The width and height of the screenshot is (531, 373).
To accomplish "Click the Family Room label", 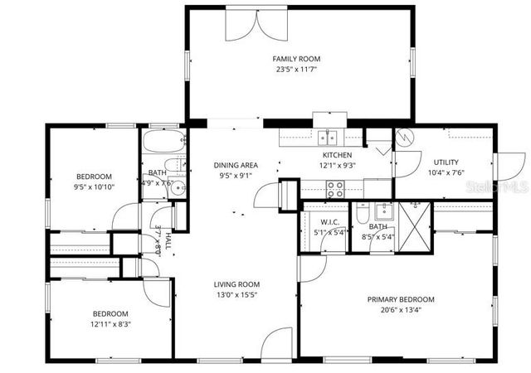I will coord(296,59).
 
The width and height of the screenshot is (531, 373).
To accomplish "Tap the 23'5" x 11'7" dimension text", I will coord(296,70).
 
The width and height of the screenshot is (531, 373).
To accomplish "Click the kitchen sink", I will coord(329,138).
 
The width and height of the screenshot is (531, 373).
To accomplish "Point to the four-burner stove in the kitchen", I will coord(335,189).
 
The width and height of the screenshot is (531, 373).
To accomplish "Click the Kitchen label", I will coord(337,155).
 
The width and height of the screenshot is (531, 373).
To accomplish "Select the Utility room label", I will coord(446,162).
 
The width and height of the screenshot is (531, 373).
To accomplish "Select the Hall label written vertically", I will coord(168,241).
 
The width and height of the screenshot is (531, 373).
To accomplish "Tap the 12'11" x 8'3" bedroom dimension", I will coord(110,324).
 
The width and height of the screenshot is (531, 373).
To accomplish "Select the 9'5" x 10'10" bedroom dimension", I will coord(94,187).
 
